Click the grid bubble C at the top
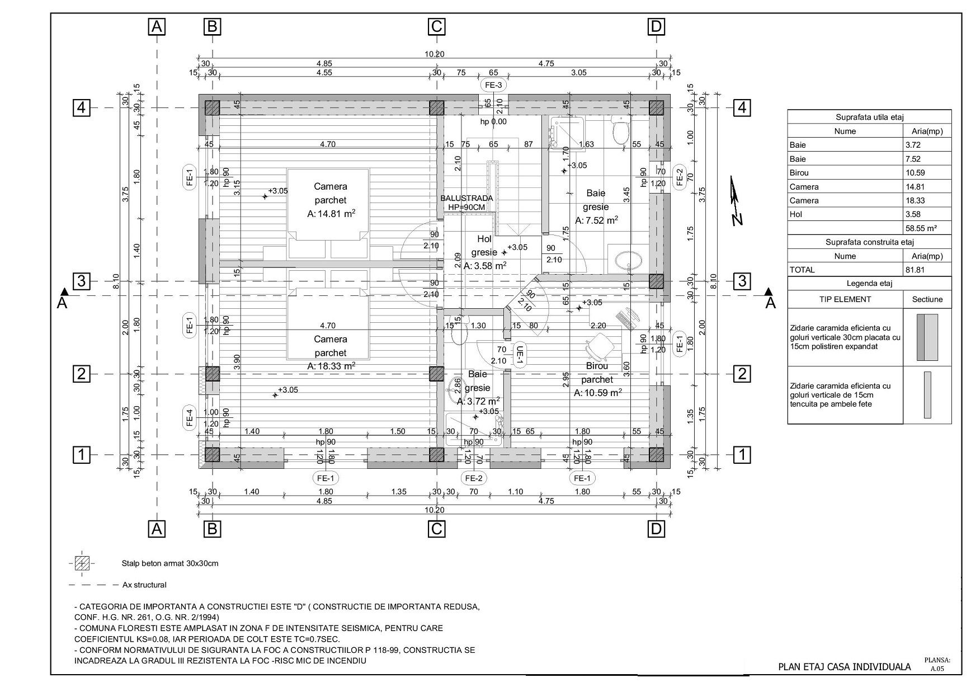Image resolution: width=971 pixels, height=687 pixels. click(436, 26)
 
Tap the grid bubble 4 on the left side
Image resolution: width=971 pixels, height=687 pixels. click(82, 107)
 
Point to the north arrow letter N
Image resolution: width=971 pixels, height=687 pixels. click(738, 219)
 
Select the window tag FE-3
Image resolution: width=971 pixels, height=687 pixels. click(493, 85)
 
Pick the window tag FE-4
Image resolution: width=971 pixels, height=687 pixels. click(190, 418)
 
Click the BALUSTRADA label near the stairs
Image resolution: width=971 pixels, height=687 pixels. click(467, 198)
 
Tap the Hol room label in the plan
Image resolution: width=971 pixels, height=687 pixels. click(484, 239)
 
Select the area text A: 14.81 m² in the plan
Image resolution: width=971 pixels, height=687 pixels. click(331, 214)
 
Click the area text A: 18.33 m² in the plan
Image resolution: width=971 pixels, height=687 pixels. click(331, 366)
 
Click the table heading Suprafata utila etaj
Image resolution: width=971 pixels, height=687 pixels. click(870, 117)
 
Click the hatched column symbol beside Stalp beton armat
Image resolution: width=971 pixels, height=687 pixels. click(82, 563)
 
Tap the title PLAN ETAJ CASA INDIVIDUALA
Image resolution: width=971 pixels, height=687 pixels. click(845, 666)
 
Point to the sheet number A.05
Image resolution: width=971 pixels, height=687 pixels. click(937, 669)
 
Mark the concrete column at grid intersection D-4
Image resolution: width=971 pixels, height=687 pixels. click(656, 107)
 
